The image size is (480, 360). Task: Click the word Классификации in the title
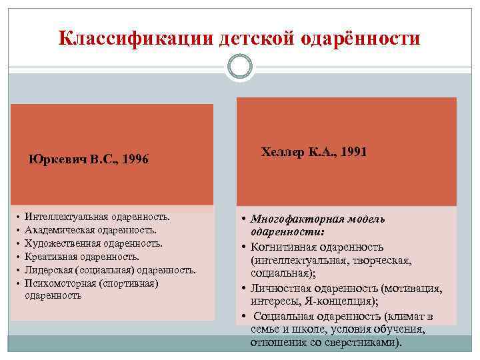[136, 38]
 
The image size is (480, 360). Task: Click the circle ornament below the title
[240, 67]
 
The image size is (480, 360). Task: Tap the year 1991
[352, 152]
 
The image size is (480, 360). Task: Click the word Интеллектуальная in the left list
[63, 217]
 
